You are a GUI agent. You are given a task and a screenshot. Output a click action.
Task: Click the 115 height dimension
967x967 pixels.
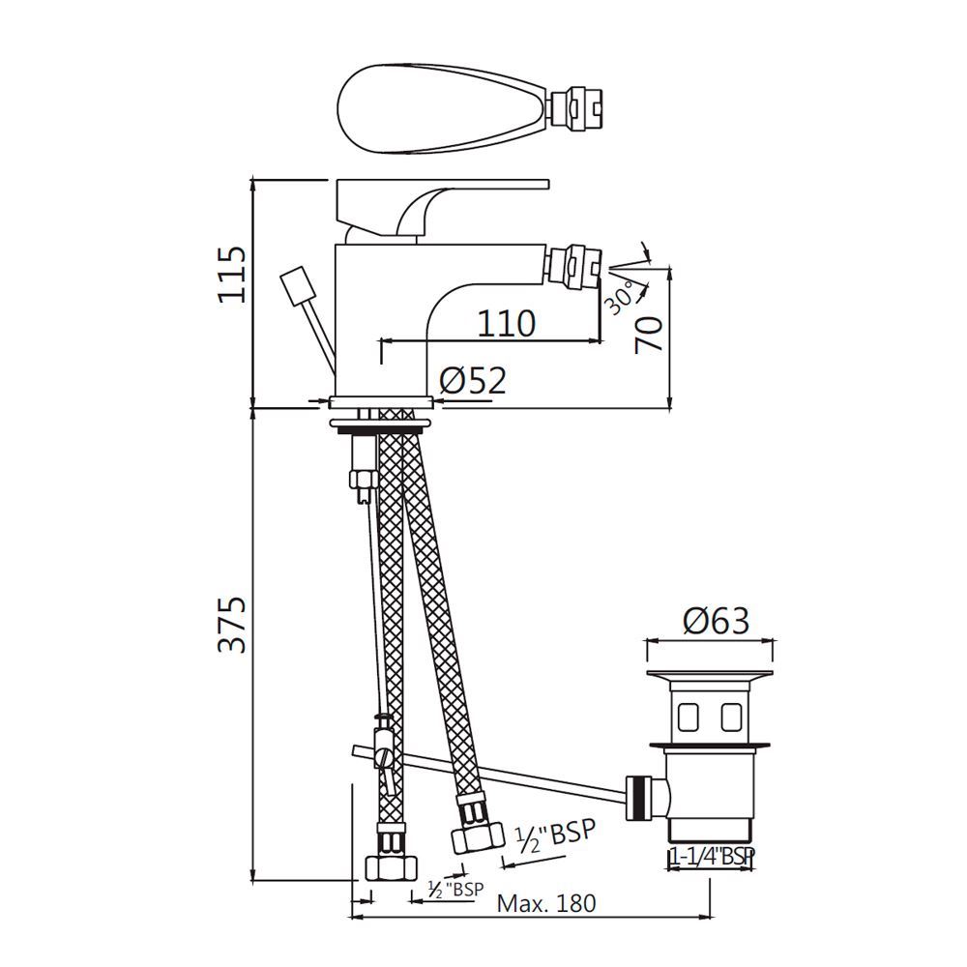[231, 275]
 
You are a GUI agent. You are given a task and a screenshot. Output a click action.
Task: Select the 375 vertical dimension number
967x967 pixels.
[231, 625]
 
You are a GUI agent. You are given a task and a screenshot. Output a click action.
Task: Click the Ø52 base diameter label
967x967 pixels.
[473, 381]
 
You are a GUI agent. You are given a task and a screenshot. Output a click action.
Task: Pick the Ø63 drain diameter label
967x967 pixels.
[715, 620]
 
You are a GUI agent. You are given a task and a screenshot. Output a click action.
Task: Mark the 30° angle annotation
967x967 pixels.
[620, 295]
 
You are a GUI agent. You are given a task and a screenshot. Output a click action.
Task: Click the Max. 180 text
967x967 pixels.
[546, 904]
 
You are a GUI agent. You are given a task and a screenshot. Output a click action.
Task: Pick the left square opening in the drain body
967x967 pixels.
[692, 717]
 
